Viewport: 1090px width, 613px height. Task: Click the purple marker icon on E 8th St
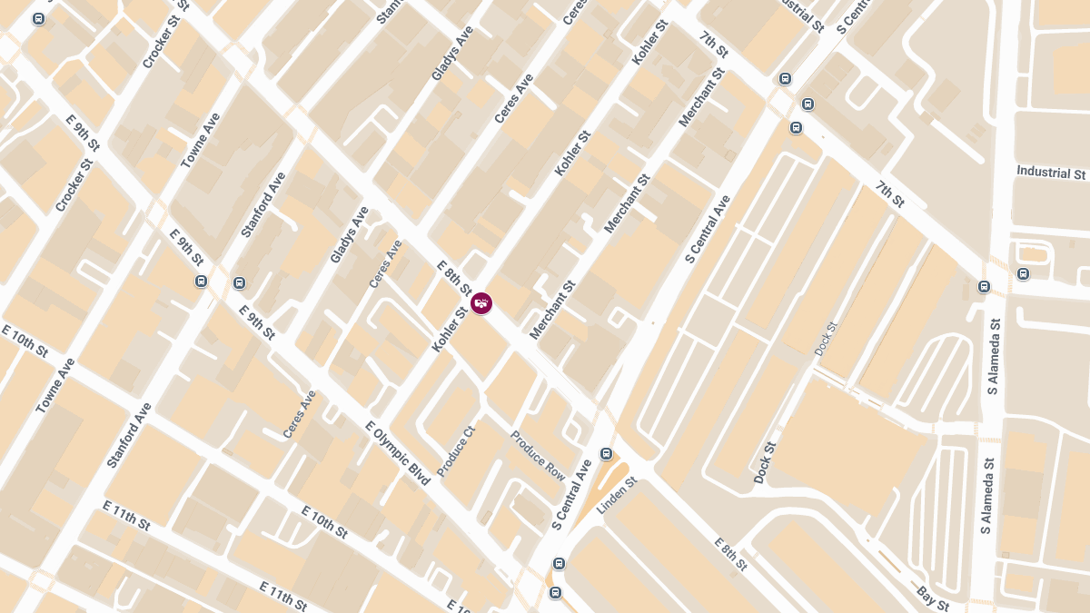click(x=481, y=303)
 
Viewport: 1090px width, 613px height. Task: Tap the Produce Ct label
click(x=456, y=451)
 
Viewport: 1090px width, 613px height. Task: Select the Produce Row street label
click(x=537, y=456)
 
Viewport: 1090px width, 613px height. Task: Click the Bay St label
click(x=933, y=599)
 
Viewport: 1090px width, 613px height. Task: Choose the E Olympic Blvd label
click(x=397, y=453)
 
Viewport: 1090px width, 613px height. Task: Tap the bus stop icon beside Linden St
click(x=606, y=453)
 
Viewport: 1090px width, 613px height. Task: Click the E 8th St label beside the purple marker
click(x=453, y=278)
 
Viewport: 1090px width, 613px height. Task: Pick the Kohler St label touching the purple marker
click(x=450, y=329)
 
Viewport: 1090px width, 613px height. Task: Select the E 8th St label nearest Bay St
click(x=729, y=553)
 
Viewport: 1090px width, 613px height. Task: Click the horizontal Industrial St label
click(x=1051, y=172)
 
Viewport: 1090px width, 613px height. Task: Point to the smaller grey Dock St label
click(x=825, y=338)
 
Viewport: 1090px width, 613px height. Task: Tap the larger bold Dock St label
click(x=765, y=462)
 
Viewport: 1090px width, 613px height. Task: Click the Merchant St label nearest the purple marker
click(x=552, y=310)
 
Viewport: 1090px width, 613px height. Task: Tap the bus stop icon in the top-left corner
click(x=38, y=19)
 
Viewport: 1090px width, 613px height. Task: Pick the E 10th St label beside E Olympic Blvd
click(x=323, y=523)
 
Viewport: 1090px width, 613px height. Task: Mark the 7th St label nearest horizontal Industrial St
click(x=890, y=193)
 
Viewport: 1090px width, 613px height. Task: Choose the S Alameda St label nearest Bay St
click(x=987, y=495)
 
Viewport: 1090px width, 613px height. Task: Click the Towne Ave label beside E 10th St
click(x=55, y=386)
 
